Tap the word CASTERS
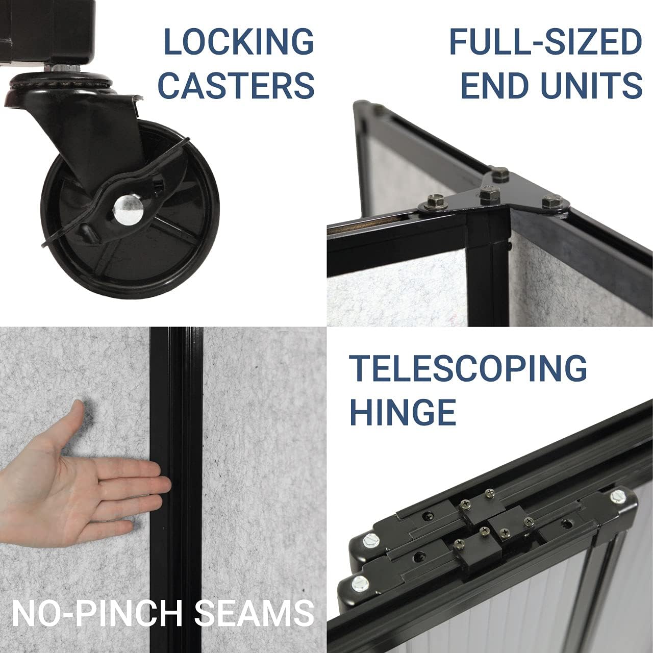[x=239, y=85]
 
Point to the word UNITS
[x=589, y=85]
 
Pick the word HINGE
[x=403, y=411]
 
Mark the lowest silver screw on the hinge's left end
[x=360, y=580]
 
